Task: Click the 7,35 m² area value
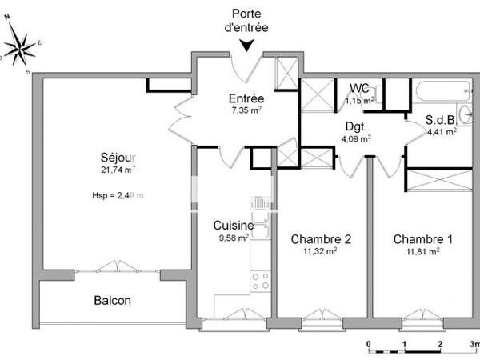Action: click(x=247, y=110)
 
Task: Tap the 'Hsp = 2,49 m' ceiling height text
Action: click(x=118, y=195)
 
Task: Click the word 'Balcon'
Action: click(x=112, y=301)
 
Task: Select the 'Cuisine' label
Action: click(x=234, y=226)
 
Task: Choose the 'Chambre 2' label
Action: click(x=321, y=238)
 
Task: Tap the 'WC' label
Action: click(x=360, y=88)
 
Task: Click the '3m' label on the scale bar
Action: click(x=474, y=344)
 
